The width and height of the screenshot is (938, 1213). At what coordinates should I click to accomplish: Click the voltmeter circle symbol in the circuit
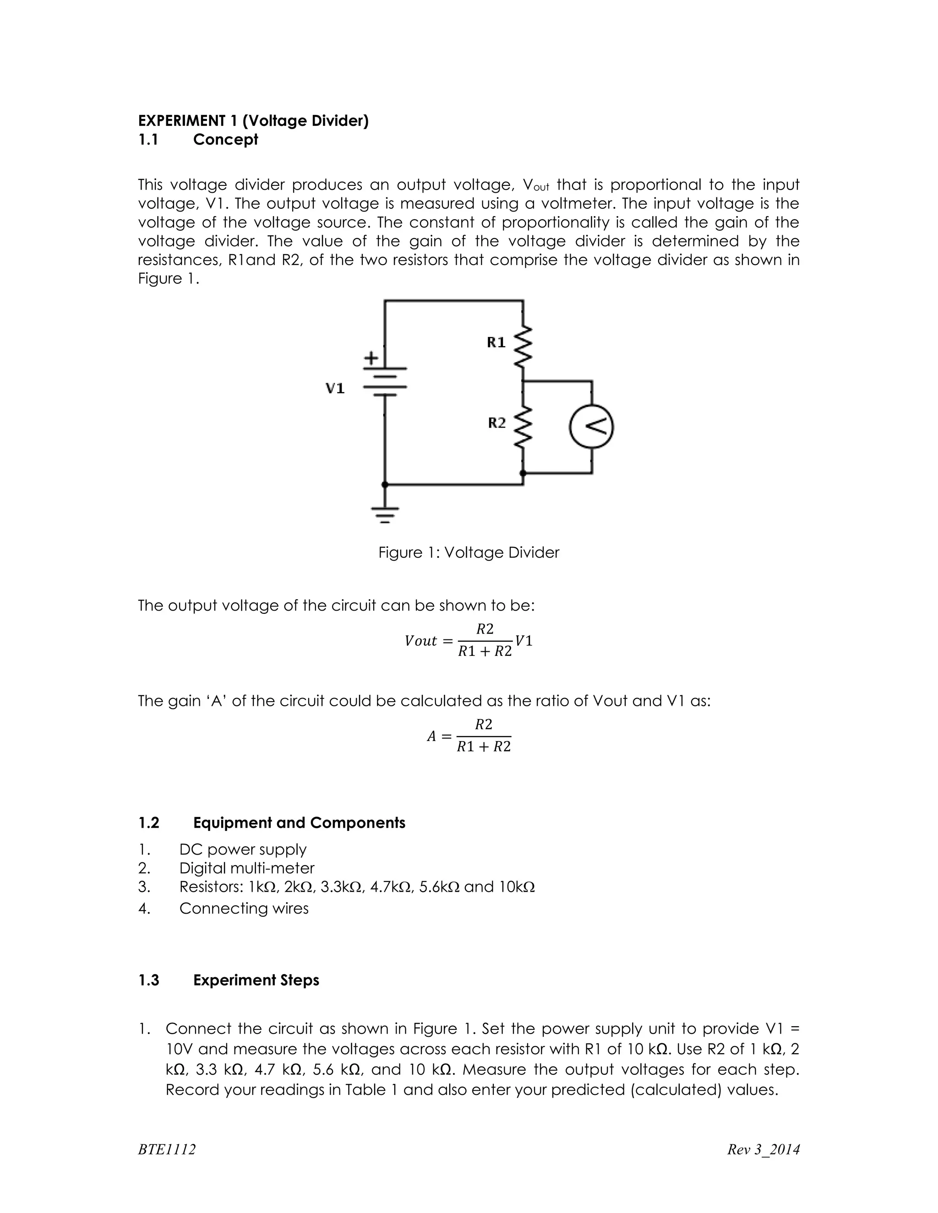[x=591, y=427]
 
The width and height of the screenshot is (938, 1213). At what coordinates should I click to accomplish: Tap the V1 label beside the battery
[x=335, y=388]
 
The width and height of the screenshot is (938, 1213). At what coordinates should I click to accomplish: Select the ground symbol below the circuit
[x=385, y=515]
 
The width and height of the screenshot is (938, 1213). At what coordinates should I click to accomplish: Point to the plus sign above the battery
[x=371, y=358]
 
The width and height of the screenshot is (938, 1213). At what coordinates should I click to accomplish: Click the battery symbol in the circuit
[x=385, y=382]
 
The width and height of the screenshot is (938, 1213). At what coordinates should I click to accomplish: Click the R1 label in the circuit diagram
[x=496, y=342]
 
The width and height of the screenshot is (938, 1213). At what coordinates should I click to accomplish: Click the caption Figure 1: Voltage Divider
[x=469, y=552]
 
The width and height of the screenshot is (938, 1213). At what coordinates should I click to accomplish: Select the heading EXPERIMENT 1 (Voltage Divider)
[x=253, y=120]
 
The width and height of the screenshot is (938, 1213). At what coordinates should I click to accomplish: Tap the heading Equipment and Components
[x=299, y=823]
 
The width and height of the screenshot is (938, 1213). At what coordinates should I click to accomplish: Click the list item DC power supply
[x=242, y=849]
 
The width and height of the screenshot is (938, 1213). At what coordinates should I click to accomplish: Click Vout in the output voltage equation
[x=420, y=641]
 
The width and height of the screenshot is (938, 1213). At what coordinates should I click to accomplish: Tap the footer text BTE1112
[x=167, y=1149]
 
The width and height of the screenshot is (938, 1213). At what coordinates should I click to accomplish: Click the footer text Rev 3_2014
[x=763, y=1149]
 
